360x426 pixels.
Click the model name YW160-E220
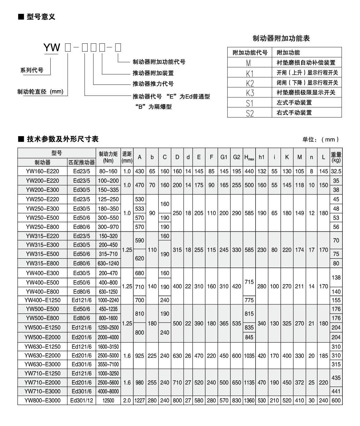[42, 171]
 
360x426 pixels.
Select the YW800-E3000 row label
[42, 401]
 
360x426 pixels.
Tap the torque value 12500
[108, 401]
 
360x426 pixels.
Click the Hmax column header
[249, 157]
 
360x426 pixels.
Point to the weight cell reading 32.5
[336, 171]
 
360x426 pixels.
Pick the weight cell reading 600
[336, 401]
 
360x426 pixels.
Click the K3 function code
[250, 93]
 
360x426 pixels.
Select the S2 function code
[250, 113]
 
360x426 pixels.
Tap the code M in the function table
[248, 63]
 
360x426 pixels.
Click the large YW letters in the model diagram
[52, 48]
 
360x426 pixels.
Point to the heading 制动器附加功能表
[281, 38]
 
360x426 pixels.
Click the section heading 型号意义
[41, 17]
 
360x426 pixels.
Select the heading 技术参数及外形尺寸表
[63, 139]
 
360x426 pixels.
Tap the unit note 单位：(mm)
[321, 139]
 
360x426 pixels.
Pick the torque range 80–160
[108, 171]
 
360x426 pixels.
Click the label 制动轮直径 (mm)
[41, 92]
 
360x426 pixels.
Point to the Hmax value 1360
[249, 401]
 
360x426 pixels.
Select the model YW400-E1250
[42, 300]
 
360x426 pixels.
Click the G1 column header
[224, 157]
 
